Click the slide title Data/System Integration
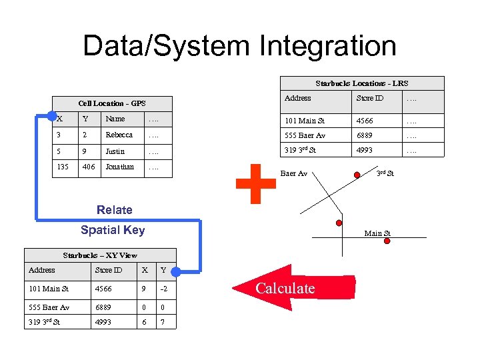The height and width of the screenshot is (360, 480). (x=239, y=46)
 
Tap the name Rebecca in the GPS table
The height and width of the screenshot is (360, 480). (x=119, y=135)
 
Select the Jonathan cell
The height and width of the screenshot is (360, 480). (x=119, y=167)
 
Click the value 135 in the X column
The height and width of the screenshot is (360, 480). (x=63, y=167)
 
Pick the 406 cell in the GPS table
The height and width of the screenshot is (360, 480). (x=88, y=167)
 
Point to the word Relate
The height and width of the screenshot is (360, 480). (x=115, y=210)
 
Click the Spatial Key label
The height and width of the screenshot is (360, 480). (x=112, y=230)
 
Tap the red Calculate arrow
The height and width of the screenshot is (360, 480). (x=273, y=288)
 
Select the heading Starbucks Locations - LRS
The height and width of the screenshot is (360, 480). (x=361, y=83)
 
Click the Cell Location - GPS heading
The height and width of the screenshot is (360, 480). (x=111, y=103)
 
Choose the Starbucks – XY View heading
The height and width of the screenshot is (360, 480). (x=100, y=255)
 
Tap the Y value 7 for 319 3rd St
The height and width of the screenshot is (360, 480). (x=163, y=323)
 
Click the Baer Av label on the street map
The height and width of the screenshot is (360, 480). (x=293, y=173)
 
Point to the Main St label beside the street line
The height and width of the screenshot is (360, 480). (x=377, y=233)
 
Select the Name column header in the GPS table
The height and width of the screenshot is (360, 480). (x=115, y=119)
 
